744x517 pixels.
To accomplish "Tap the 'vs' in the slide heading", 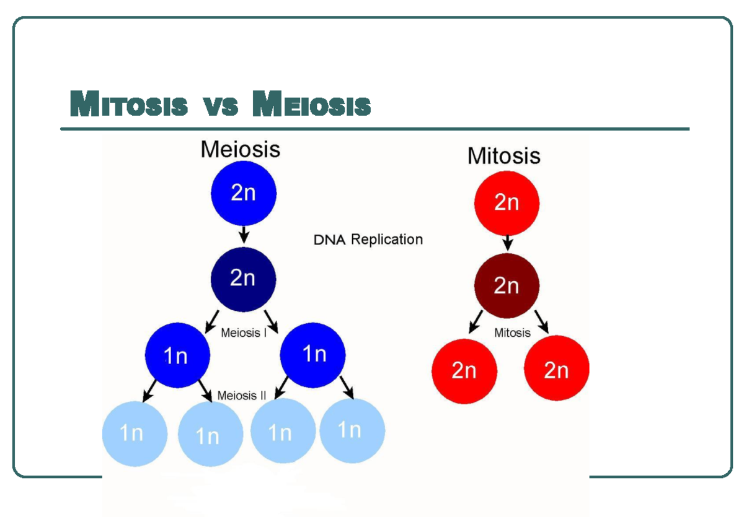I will point(221,106).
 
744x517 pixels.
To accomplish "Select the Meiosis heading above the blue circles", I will point(240,149).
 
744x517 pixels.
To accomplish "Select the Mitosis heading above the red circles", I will point(503,155).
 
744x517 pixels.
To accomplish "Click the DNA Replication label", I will point(368,240).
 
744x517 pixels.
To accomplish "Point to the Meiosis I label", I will point(244,333).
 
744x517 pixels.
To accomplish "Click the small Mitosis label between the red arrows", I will point(512,333).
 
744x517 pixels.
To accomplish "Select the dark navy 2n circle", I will point(243,279).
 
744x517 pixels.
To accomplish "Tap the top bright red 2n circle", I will point(507,202).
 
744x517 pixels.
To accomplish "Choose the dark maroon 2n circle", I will point(507,286).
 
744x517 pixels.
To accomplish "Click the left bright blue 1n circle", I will point(177,355).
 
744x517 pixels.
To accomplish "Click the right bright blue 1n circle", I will point(312,354).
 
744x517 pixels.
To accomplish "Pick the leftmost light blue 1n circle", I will point(134,433).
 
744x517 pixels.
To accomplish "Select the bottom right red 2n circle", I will point(556,370).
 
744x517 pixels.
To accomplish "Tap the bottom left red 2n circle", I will point(464,370).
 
